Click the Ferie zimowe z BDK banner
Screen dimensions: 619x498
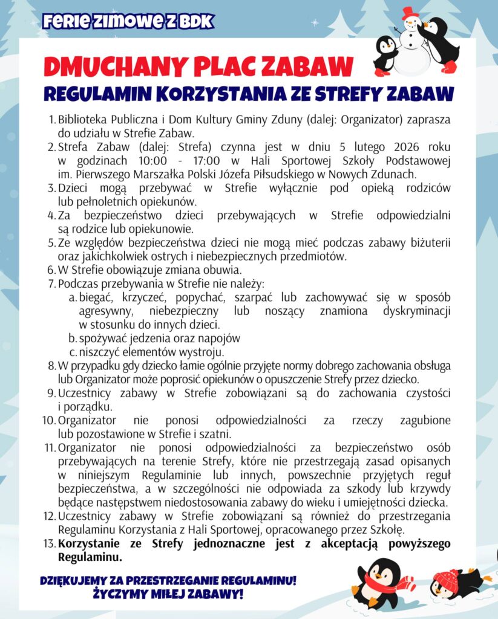128,22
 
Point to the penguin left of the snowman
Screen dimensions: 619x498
385,54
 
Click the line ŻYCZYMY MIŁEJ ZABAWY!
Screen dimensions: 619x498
168,595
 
